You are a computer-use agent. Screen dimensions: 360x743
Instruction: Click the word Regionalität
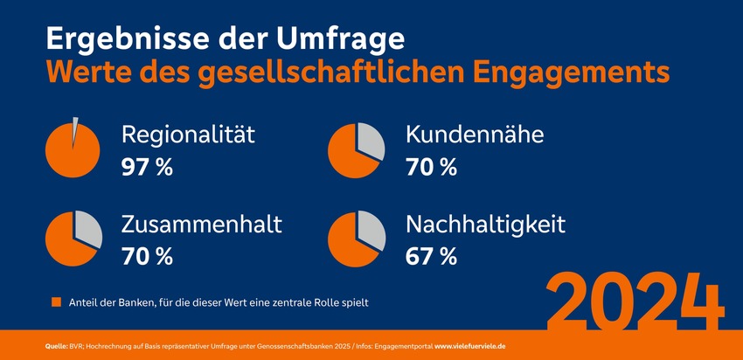point(188,135)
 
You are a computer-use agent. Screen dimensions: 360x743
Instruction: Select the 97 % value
point(148,167)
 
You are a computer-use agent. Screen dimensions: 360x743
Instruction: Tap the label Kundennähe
point(475,135)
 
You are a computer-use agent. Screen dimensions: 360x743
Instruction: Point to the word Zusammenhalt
point(202,225)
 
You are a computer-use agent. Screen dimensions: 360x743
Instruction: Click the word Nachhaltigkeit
point(485,225)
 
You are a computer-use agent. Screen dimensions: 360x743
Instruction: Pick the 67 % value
point(431,256)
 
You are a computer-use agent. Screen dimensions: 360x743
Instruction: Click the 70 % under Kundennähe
point(431,167)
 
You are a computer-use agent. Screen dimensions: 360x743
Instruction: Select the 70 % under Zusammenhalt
point(148,256)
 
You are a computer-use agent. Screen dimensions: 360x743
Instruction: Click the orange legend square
point(56,302)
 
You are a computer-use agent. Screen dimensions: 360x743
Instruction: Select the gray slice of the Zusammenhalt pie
point(88,228)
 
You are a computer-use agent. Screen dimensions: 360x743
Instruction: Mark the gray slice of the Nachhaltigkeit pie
point(371,229)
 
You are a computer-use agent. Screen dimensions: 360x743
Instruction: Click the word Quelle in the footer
point(57,347)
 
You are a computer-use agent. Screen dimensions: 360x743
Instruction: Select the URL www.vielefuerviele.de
point(480,347)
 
